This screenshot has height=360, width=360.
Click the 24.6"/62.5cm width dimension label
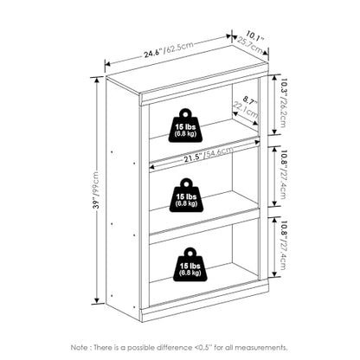pyautogui.click(x=169, y=50)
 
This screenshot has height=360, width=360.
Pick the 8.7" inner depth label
pyautogui.click(x=250, y=100)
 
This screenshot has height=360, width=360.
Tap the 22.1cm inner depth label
pyautogui.click(x=246, y=110)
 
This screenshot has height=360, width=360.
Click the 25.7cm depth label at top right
pyautogui.click(x=250, y=46)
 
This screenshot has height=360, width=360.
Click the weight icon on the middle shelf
pyautogui.click(x=187, y=196)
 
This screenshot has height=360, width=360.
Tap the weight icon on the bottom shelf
pyautogui.click(x=190, y=265)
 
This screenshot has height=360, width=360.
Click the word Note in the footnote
pyautogui.click(x=80, y=347)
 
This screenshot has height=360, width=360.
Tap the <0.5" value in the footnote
pyautogui.click(x=203, y=347)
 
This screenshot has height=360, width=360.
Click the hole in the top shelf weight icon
pyautogui.click(x=186, y=113)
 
